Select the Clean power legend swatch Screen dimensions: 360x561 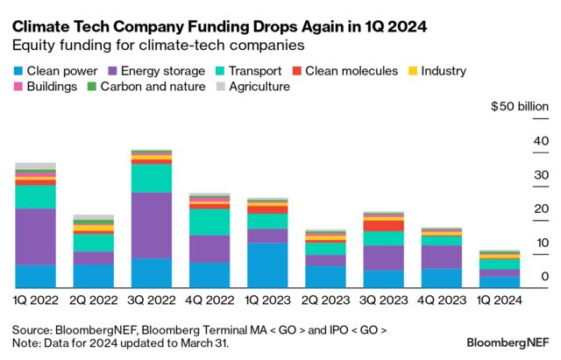tap(18, 70)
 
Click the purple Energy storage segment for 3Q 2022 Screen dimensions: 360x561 tap(151, 225)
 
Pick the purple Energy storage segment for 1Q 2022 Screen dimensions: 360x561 tap(35, 236)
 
